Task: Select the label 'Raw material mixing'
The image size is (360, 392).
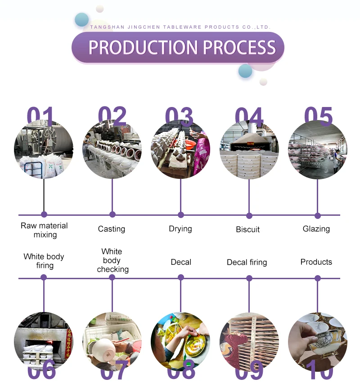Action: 44,230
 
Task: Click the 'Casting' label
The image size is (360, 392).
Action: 112,229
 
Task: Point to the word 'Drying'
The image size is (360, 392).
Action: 180,229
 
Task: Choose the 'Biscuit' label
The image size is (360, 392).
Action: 248,229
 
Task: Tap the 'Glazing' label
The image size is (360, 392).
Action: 316,229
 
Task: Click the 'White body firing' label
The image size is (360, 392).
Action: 44,261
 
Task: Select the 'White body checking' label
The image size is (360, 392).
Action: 112,260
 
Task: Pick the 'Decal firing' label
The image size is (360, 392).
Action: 247,262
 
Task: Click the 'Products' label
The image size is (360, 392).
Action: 316,262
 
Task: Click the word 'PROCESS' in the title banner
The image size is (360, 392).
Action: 239,47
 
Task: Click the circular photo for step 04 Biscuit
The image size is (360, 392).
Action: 249,150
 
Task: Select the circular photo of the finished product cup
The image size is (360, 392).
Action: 317,341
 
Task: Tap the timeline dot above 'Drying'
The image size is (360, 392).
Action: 181,215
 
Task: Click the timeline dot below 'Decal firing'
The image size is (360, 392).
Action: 249,278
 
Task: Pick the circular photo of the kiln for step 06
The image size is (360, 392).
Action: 44,341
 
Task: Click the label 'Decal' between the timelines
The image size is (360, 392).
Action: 181,262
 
